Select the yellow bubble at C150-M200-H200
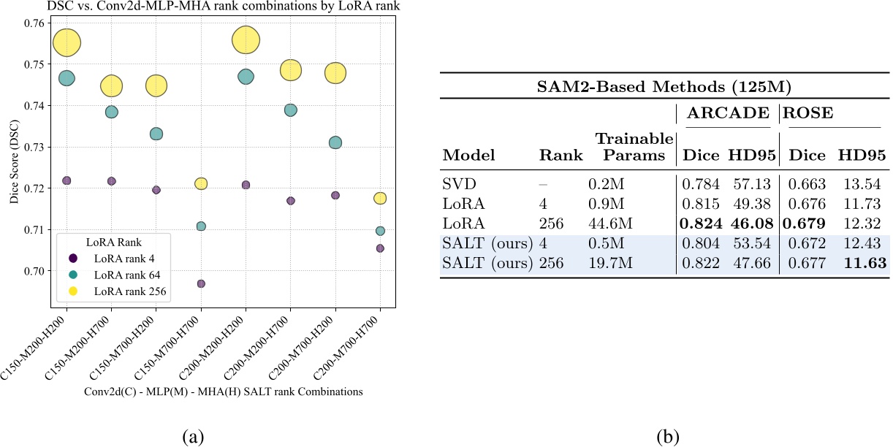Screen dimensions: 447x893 (x=66, y=42)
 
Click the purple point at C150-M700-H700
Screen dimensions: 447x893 (x=201, y=283)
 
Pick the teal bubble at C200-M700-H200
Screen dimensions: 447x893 (x=335, y=142)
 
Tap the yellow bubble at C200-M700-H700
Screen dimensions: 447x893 (x=380, y=198)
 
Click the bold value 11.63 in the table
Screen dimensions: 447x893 (x=862, y=263)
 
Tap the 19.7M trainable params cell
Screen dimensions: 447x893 (x=608, y=263)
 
